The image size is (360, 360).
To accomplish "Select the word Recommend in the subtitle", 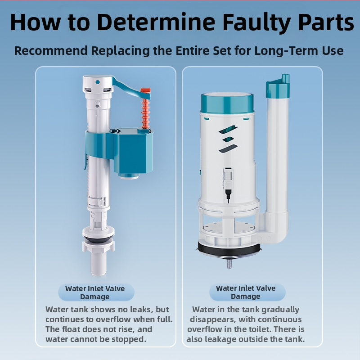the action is [51, 50].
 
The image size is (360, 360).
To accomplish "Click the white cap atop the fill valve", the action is [98, 83].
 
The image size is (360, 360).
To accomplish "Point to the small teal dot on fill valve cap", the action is [98, 82].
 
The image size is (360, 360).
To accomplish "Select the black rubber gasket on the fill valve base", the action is [98, 240].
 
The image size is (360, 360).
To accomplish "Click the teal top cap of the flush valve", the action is [227, 103].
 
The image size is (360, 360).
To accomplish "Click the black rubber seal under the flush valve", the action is [229, 250].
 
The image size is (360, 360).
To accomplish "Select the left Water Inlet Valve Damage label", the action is [95, 292].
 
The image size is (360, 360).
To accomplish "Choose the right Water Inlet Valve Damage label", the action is [246, 292].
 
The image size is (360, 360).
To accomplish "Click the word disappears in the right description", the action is [213, 319].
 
